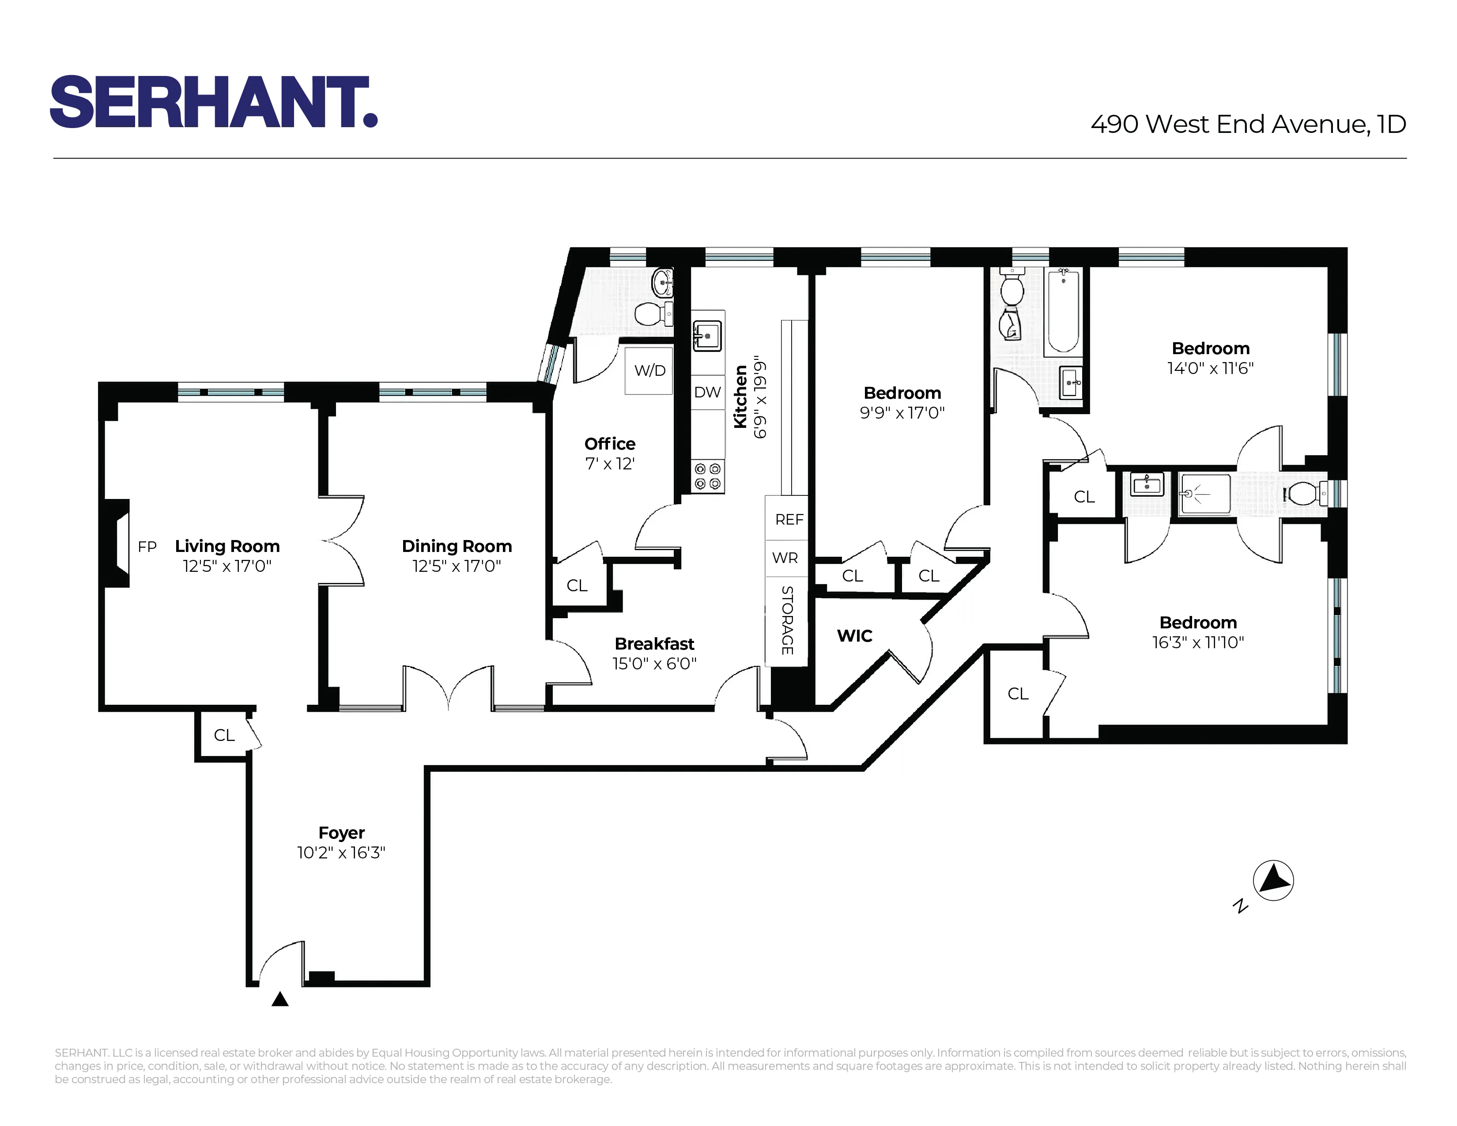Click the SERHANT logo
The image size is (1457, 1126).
click(x=214, y=102)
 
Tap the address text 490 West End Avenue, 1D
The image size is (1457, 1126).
click(x=1248, y=124)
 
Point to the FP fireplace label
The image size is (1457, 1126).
click(x=147, y=548)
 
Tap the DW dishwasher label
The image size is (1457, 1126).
click(x=707, y=392)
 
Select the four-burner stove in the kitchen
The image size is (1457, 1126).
click(x=707, y=476)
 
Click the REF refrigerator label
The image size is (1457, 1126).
click(x=789, y=519)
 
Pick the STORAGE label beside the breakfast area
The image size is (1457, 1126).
click(x=787, y=620)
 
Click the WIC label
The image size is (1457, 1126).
click(x=855, y=636)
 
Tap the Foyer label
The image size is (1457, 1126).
click(x=342, y=832)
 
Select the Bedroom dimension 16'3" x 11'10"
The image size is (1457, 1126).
click(x=1198, y=642)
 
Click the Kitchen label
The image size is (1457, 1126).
click(x=740, y=397)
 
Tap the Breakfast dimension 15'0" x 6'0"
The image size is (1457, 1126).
click(x=654, y=664)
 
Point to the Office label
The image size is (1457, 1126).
click(x=610, y=444)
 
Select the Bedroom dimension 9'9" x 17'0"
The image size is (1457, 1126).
click(x=902, y=413)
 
